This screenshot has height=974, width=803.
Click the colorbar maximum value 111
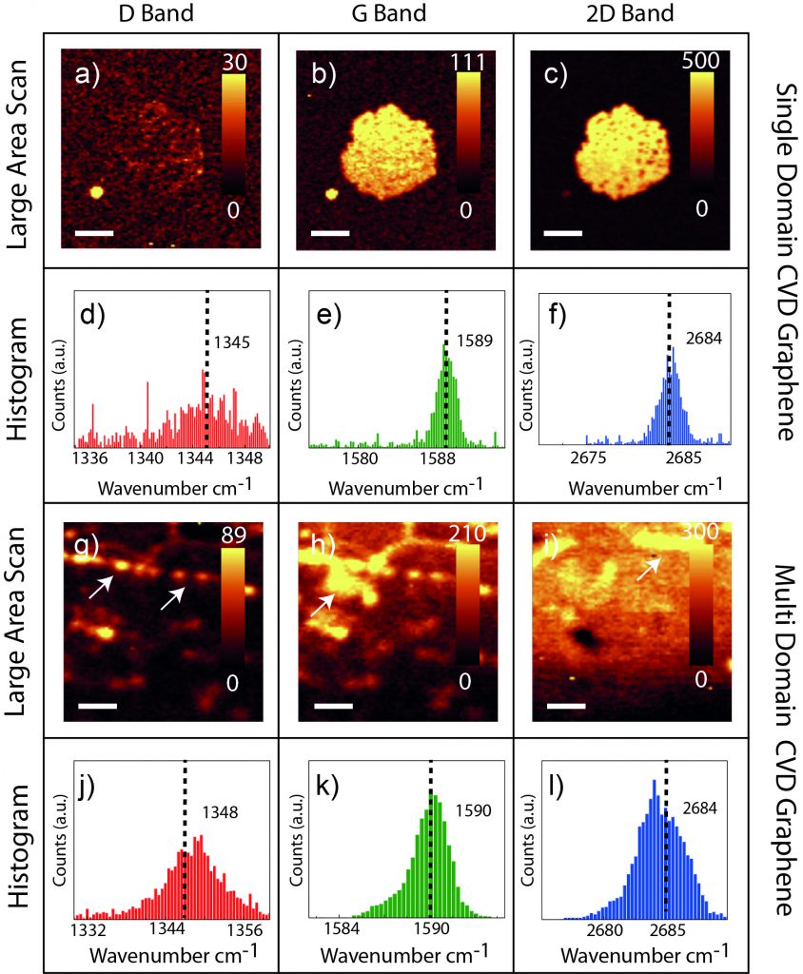(470, 63)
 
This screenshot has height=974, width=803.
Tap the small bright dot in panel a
(96, 191)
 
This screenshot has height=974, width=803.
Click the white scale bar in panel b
(329, 232)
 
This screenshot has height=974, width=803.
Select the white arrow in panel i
(646, 571)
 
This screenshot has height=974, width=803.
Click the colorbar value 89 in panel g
(235, 536)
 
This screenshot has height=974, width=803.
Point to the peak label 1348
(219, 812)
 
